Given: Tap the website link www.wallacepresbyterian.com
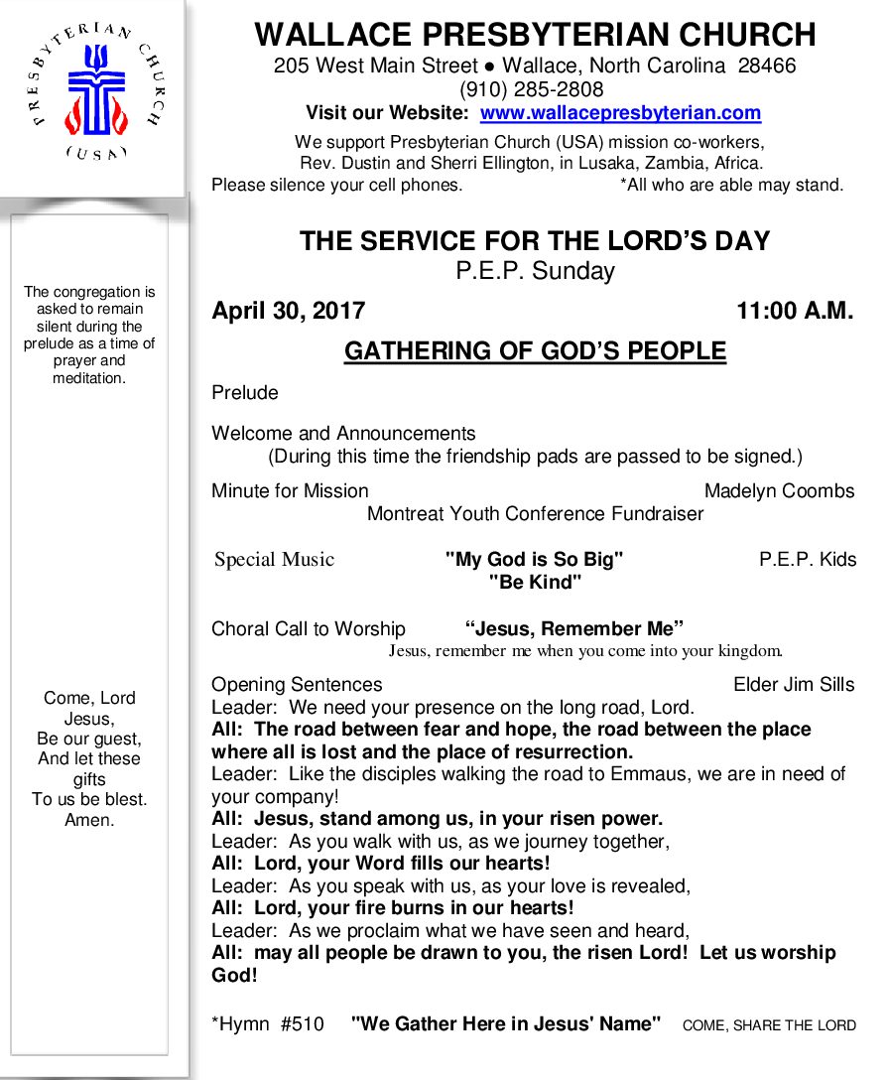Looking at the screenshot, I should click(620, 113).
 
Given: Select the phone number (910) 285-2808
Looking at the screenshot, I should click(535, 90).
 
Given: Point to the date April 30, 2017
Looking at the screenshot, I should click(288, 311).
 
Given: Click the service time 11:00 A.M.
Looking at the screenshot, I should click(794, 311).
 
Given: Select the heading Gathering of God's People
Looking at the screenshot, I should click(535, 351).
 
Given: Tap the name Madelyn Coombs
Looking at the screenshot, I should click(779, 491).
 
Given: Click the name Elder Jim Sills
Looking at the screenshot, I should click(794, 685).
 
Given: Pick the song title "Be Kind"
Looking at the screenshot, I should click(535, 583).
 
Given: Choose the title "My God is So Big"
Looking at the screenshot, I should click(535, 560).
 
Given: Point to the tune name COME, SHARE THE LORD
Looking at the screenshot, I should click(769, 1025).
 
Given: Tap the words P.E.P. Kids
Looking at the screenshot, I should click(807, 560).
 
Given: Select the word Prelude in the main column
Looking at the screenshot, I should click(245, 393).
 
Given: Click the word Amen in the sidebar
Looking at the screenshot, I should click(89, 820).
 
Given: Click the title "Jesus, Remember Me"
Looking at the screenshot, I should click(574, 629).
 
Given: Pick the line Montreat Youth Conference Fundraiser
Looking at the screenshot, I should click(535, 514).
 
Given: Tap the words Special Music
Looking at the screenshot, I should click(275, 560).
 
